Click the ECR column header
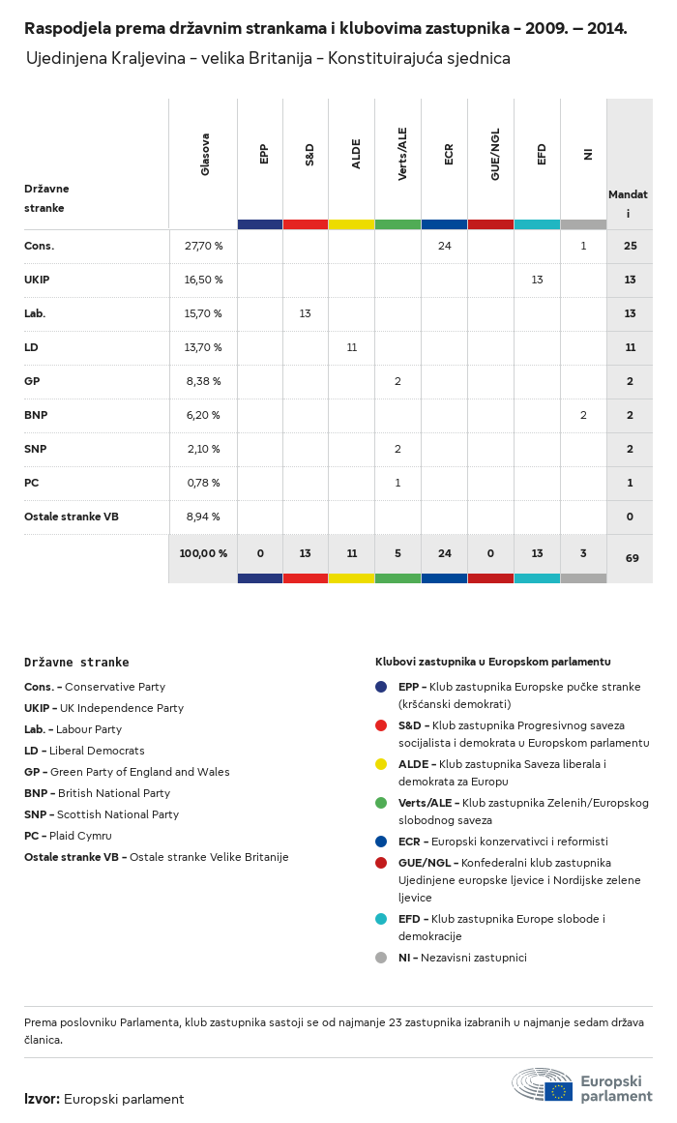pyautogui.click(x=449, y=156)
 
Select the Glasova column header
pyautogui.click(x=205, y=155)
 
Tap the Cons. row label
pyautogui.click(x=40, y=246)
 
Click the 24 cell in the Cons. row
pyautogui.click(x=445, y=246)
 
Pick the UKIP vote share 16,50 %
pyautogui.click(x=203, y=280)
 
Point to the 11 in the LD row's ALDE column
pyautogui.click(x=352, y=347)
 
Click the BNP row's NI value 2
pyautogui.click(x=583, y=415)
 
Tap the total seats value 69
pyautogui.click(x=630, y=558)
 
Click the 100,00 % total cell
pyautogui.click(x=203, y=553)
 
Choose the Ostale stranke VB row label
pyautogui.click(x=72, y=517)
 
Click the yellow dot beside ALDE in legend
pyautogui.click(x=381, y=764)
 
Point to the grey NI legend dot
pyautogui.click(x=381, y=958)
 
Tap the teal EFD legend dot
pyautogui.click(x=381, y=919)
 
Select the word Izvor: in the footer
pyautogui.click(x=43, y=1099)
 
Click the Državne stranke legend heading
pyautogui.click(x=76, y=663)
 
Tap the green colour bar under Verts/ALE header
pyautogui.click(x=397, y=224)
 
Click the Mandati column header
pyautogui.click(x=628, y=203)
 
